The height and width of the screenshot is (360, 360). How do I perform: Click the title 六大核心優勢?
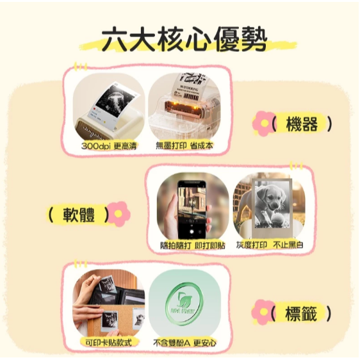[x=180, y=40]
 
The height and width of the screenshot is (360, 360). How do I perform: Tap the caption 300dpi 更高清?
[x=109, y=146]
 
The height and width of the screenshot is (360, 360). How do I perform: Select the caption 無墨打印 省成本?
[x=185, y=146]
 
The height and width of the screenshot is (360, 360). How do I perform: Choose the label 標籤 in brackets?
[x=301, y=314]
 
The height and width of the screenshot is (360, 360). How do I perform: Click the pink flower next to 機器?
[x=262, y=124]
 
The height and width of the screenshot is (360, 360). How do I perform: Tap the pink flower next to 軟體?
[x=119, y=214]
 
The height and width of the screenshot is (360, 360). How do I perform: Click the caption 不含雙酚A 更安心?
[x=185, y=343]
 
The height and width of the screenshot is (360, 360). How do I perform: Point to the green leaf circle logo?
[x=184, y=303]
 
